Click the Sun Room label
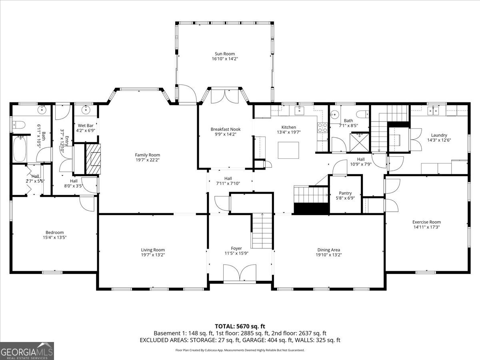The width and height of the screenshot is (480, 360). (224, 54)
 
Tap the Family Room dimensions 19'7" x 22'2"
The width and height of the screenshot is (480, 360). (147, 160)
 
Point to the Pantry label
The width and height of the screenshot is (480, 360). (345, 193)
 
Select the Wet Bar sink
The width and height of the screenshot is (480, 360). (85, 111)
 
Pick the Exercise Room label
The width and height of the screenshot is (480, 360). (426, 222)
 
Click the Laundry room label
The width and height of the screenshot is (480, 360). (439, 135)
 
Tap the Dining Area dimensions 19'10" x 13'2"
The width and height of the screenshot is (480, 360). (328, 255)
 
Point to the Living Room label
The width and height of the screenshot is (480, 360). (153, 250)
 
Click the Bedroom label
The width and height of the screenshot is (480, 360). (54, 232)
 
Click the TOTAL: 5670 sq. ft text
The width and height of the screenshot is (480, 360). (240, 326)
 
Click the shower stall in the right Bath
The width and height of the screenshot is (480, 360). (359, 142)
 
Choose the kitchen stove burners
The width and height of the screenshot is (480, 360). (322, 127)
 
